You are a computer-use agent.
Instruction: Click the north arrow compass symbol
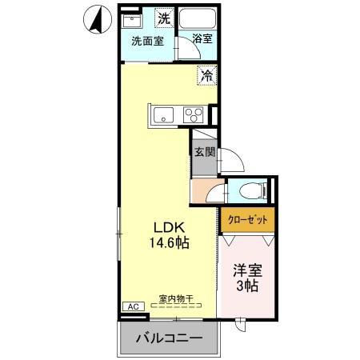tap(98, 19)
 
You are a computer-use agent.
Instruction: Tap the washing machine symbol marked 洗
tap(164, 18)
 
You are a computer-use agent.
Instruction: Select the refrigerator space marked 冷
tap(207, 75)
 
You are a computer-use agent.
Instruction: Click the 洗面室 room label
tap(147, 41)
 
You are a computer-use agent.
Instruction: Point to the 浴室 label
tap(202, 38)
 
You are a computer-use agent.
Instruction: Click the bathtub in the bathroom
tap(198, 18)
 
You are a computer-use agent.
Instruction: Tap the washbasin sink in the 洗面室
tap(131, 21)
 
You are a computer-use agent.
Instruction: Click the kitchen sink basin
tap(163, 115)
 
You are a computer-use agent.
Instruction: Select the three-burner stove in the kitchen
tap(194, 115)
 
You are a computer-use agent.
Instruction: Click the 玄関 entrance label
tap(205, 152)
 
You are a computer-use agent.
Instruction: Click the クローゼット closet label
tap(248, 220)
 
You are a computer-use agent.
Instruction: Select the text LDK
tap(169, 227)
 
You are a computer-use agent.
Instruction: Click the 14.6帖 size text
tap(169, 242)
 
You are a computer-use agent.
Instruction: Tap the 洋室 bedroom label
tap(248, 270)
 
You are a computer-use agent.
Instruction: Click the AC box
tap(134, 306)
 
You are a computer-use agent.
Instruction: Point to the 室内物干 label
tap(176, 298)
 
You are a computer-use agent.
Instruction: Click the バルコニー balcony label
tap(170, 338)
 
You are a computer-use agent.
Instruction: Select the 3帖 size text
tap(247, 286)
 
